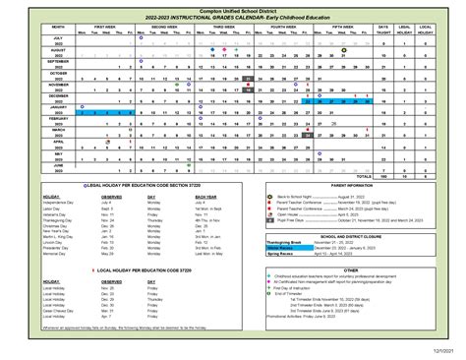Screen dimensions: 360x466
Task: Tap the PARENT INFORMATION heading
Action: click(x=351, y=185)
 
